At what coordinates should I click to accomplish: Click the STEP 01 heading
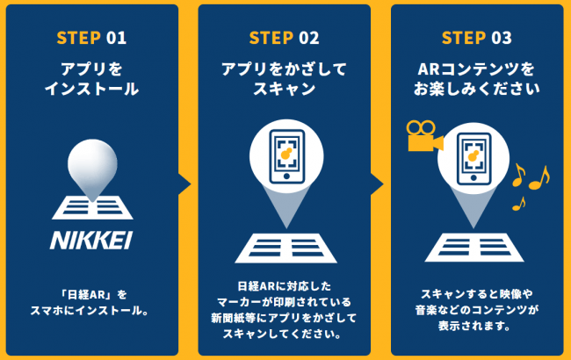(91, 38)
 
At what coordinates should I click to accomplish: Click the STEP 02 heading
(284, 38)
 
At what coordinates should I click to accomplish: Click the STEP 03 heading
(476, 38)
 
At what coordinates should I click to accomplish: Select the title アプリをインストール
(91, 78)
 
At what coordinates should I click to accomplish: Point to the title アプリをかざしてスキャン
(284, 78)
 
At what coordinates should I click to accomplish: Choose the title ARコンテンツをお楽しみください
(476, 78)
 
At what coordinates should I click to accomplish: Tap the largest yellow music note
(538, 176)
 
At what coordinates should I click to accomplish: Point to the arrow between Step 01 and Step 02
(185, 183)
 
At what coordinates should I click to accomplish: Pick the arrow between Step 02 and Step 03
(378, 183)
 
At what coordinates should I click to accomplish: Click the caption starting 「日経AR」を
(91, 293)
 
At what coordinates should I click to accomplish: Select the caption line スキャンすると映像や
(476, 293)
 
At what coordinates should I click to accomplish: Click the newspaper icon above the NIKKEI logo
(90, 207)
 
